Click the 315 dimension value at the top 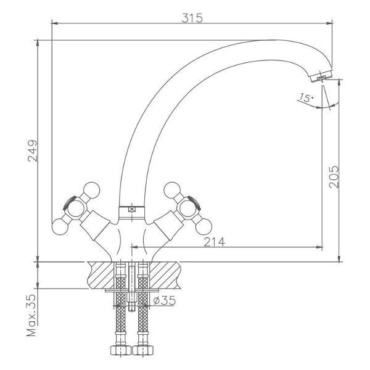(192, 18)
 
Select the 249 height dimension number (33, 151)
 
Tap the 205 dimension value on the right (334, 177)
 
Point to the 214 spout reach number (215, 242)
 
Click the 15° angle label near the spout (306, 97)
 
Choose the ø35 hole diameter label (165, 300)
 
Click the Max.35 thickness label (31, 315)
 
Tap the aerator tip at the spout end (321, 76)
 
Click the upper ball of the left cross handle (92, 190)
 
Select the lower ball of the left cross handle (60, 227)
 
